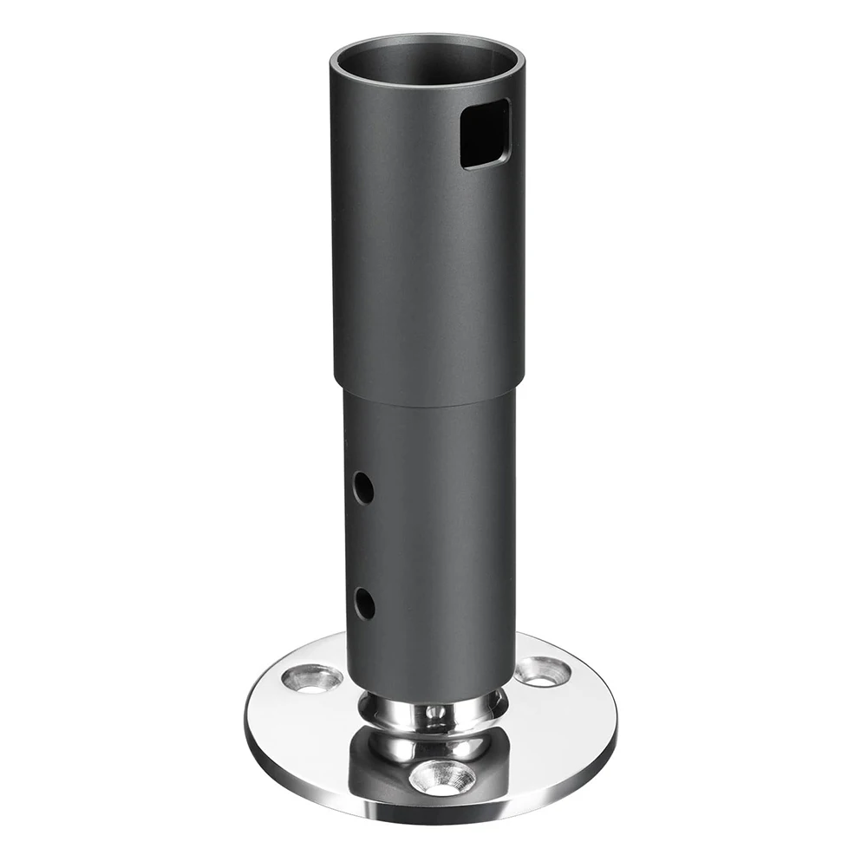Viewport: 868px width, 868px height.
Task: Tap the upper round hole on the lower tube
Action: coord(364,488)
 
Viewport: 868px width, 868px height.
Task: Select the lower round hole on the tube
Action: coord(364,602)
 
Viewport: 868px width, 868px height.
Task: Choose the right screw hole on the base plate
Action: coord(542,670)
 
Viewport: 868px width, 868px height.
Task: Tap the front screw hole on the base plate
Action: coord(442,777)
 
